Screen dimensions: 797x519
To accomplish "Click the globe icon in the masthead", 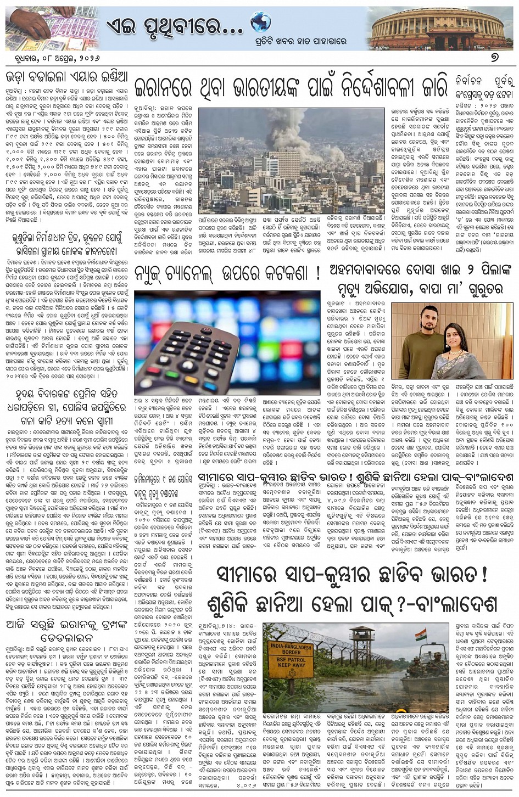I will pyautogui.click(x=260, y=22).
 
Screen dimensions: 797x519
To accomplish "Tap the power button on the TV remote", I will pyautogui.click(x=207, y=330).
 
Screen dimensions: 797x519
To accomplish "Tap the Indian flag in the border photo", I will pyautogui.click(x=421, y=636).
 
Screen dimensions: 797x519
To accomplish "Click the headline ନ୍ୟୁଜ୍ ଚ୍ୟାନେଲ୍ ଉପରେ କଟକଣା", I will pyautogui.click(x=227, y=273).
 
